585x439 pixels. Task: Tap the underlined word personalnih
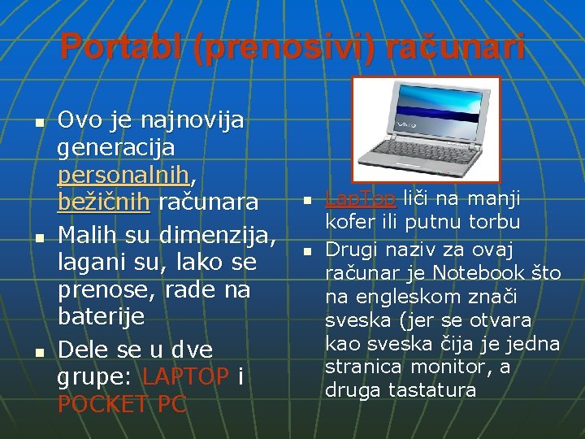point(127,175)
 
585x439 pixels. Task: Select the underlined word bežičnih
point(103,202)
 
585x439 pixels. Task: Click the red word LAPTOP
point(186,377)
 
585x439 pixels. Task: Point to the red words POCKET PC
point(122,404)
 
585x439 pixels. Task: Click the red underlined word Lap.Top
point(360,198)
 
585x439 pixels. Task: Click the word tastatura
point(432,390)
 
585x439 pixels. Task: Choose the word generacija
point(115,147)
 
